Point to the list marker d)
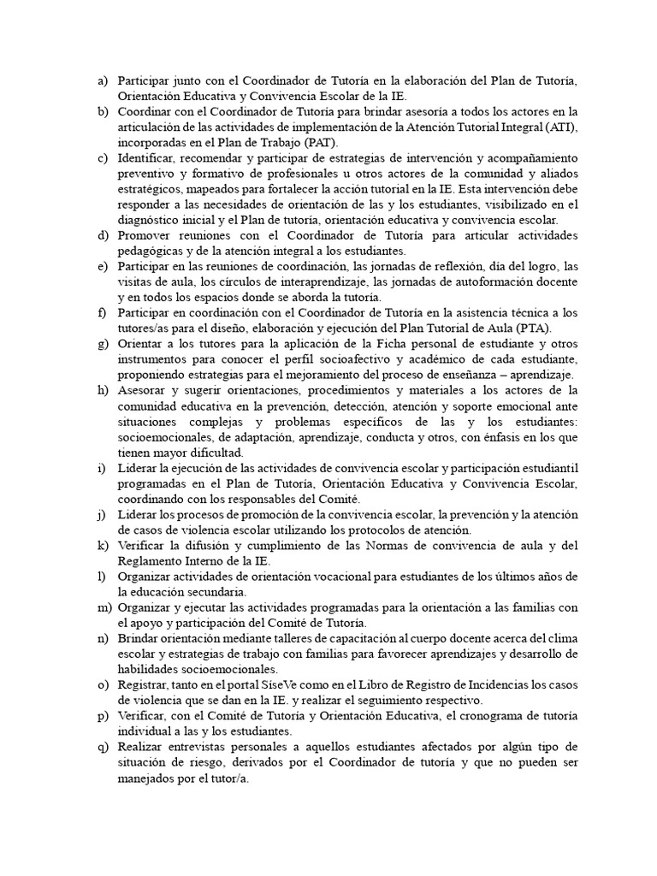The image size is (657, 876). (x=103, y=235)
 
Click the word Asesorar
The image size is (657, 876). (x=144, y=390)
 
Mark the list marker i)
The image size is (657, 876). (x=102, y=467)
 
